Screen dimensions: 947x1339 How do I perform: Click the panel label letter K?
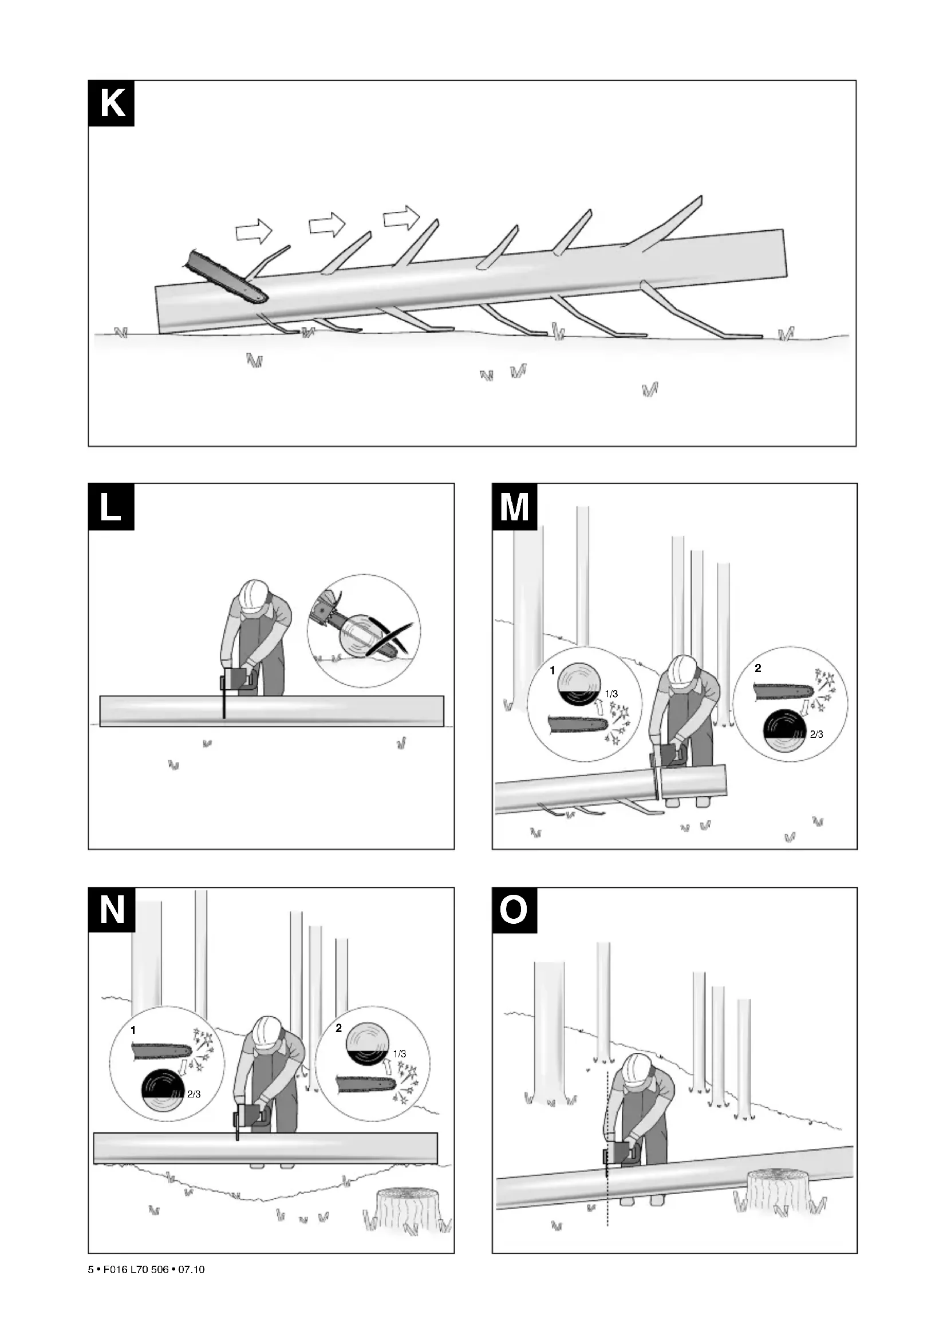tap(112, 103)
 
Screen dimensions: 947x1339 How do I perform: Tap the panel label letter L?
tap(112, 507)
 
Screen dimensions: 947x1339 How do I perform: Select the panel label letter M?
tap(515, 507)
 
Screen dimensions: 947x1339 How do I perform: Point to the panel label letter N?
tap(112, 910)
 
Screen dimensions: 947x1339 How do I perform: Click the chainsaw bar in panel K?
tap(225, 278)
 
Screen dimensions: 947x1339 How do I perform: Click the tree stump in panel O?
tap(779, 1191)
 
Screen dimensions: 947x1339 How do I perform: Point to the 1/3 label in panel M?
tap(611, 694)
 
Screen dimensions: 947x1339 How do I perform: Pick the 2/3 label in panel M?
tap(816, 735)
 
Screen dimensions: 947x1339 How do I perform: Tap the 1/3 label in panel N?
tap(400, 1054)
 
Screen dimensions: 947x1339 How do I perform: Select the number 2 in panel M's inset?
tap(758, 668)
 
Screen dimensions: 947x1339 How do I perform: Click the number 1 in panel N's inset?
tap(133, 1030)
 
